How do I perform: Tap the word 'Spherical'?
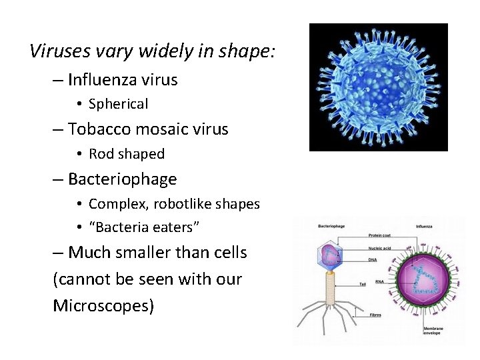118,104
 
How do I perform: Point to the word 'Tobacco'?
99,129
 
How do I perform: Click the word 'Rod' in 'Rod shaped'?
101,154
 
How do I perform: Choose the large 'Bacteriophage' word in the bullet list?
122,179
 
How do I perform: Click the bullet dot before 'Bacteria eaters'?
79,227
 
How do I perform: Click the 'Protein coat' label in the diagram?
380,235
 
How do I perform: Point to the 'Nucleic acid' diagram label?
380,247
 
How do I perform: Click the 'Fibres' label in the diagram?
375,315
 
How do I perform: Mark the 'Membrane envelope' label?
435,332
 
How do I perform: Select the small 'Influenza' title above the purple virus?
424,227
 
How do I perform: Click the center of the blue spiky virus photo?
378,87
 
